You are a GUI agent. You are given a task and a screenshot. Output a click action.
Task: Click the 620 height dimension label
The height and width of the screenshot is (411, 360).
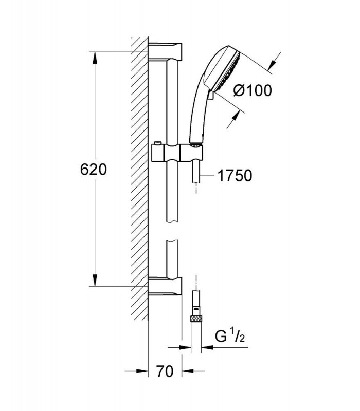pyautogui.click(x=94, y=170)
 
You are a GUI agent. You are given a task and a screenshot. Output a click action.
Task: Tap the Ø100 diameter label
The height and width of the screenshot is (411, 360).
pyautogui.click(x=253, y=91)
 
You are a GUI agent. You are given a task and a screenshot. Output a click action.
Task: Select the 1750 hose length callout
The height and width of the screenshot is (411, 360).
pyautogui.click(x=235, y=176)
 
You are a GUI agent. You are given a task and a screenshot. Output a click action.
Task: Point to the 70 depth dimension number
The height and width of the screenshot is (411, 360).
pyautogui.click(x=165, y=371)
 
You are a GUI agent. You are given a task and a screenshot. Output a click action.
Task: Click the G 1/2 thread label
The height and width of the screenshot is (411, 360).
pyautogui.click(x=230, y=337)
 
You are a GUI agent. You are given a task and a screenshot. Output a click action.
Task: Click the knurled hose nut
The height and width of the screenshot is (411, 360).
pyautogui.click(x=196, y=319)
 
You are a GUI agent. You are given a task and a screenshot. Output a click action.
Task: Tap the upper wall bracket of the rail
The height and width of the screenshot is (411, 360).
pyautogui.click(x=165, y=52)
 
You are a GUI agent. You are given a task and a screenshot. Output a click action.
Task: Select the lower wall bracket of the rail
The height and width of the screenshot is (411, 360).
pyautogui.click(x=165, y=286)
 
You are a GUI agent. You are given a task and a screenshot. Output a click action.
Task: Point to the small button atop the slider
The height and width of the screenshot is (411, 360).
pyautogui.click(x=157, y=143)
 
